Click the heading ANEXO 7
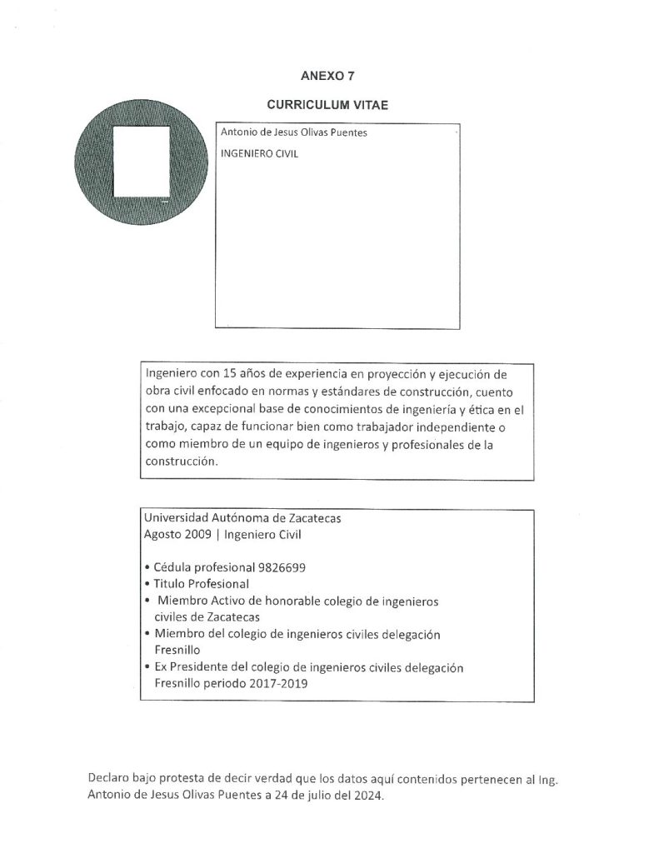click(327, 76)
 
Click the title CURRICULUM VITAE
click(327, 106)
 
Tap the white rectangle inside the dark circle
click(141, 161)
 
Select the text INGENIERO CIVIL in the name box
click(259, 154)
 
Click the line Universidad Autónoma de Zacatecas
click(242, 517)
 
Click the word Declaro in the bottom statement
click(109, 778)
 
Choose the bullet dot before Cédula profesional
click(147, 567)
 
